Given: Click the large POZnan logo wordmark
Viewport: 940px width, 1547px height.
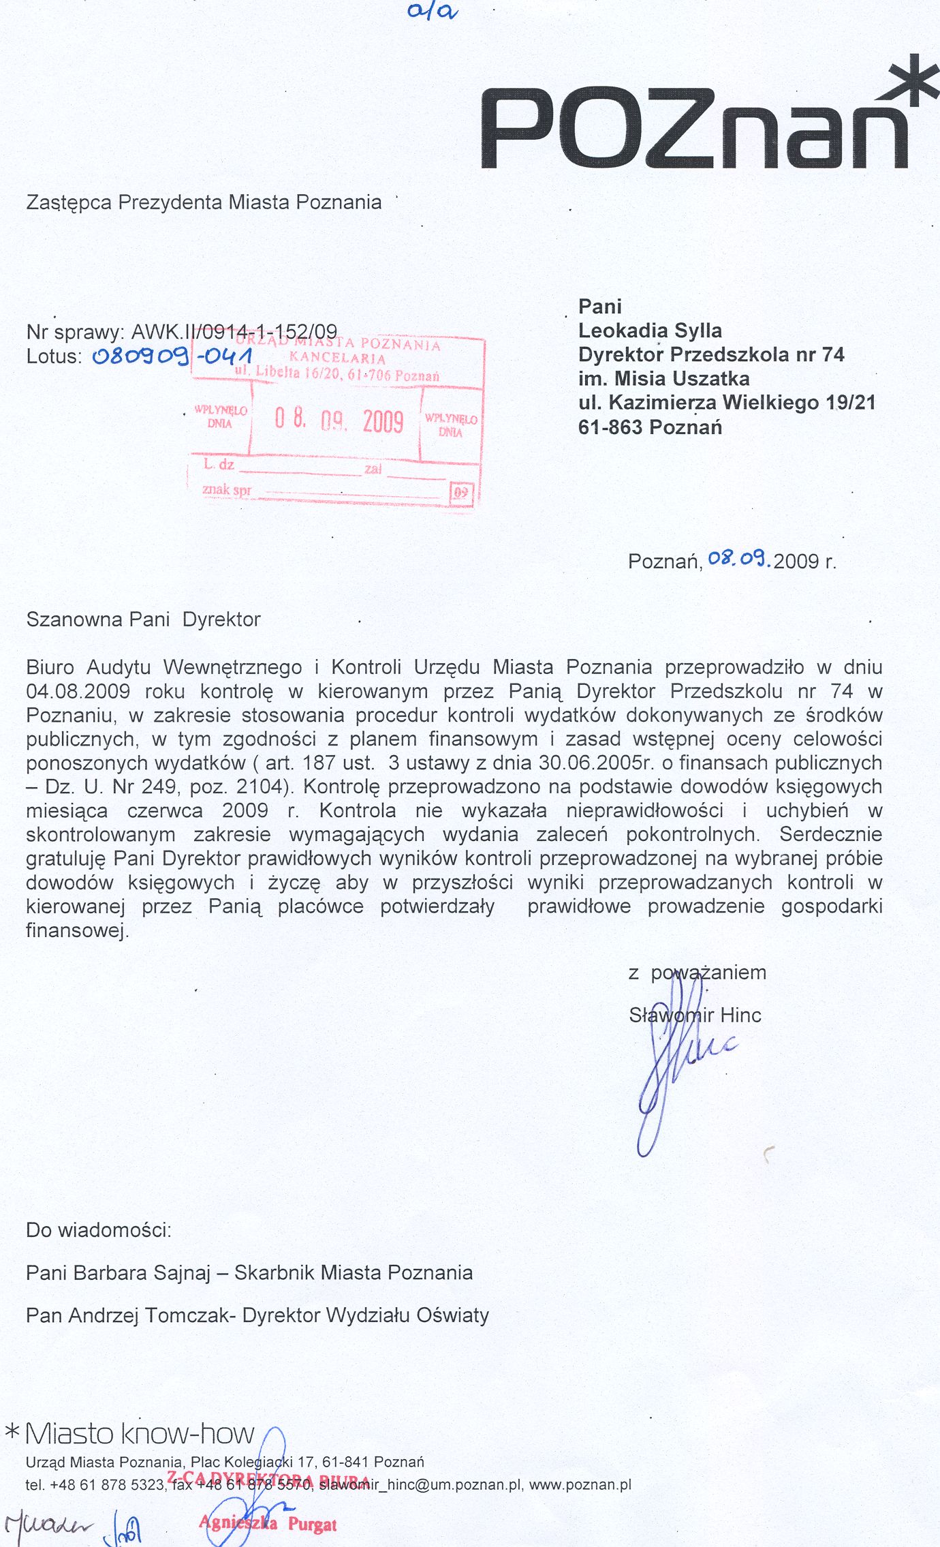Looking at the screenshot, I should [x=695, y=128].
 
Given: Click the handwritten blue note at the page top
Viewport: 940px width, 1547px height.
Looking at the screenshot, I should [x=433, y=12].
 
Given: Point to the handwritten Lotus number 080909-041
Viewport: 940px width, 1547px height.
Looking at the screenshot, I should [x=172, y=356].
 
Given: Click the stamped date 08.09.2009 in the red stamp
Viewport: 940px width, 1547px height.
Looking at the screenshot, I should [x=339, y=420].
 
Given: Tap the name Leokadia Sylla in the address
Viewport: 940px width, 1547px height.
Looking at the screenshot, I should [x=649, y=331].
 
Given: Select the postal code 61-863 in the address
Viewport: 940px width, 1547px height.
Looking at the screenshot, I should [x=610, y=427].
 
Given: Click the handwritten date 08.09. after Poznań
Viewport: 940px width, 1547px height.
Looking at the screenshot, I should [x=739, y=560].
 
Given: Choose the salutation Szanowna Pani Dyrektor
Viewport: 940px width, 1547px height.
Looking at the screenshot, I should [x=143, y=619].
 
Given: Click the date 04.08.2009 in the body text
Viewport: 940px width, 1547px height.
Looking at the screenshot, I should [x=78, y=691].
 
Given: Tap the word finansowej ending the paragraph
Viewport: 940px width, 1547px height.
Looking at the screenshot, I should [x=76, y=930].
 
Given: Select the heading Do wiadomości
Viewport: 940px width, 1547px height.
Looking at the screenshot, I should [x=98, y=1230].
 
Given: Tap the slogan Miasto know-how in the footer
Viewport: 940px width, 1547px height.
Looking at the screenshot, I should [x=139, y=1433].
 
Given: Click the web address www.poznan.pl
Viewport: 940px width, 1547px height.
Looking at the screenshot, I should [x=580, y=1484].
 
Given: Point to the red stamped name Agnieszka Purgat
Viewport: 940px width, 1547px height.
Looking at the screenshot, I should [x=268, y=1524].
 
